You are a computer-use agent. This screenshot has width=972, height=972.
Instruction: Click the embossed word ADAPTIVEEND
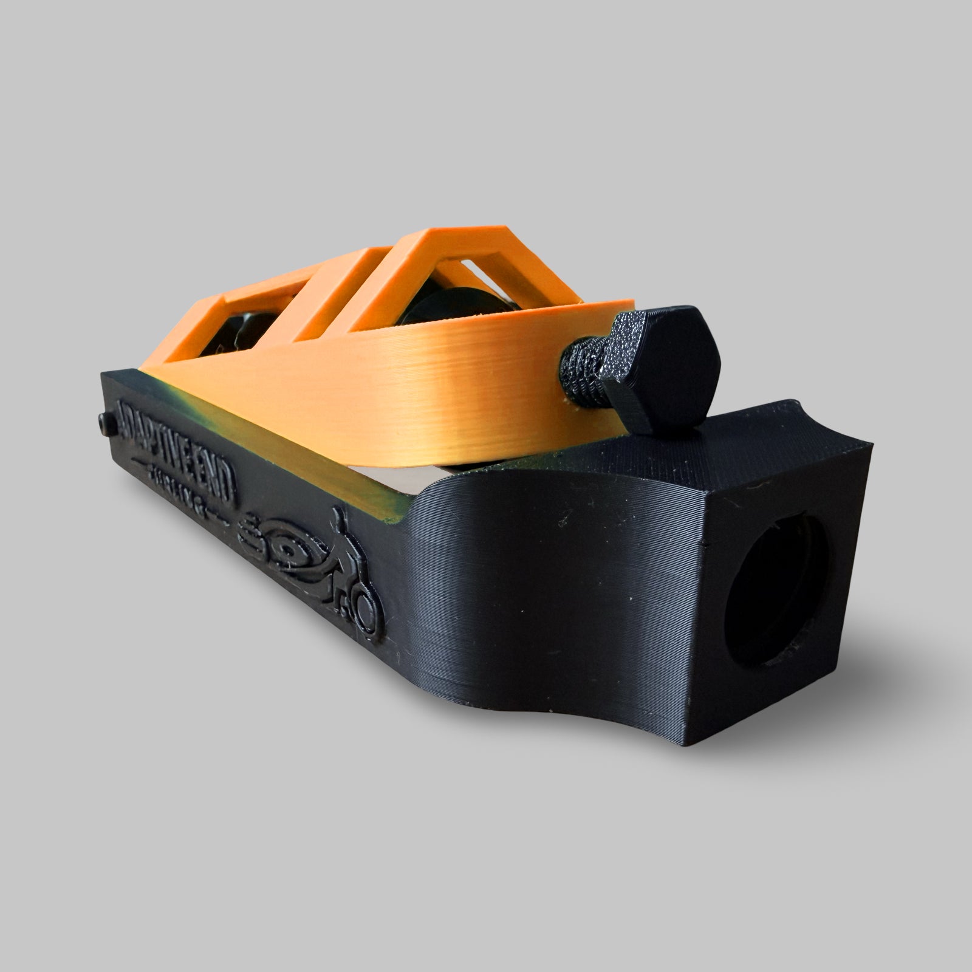[x=176, y=450]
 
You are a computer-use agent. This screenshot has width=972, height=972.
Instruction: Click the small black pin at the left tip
[x=105, y=423]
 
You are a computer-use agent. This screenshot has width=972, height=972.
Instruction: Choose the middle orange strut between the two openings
[x=340, y=286]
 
